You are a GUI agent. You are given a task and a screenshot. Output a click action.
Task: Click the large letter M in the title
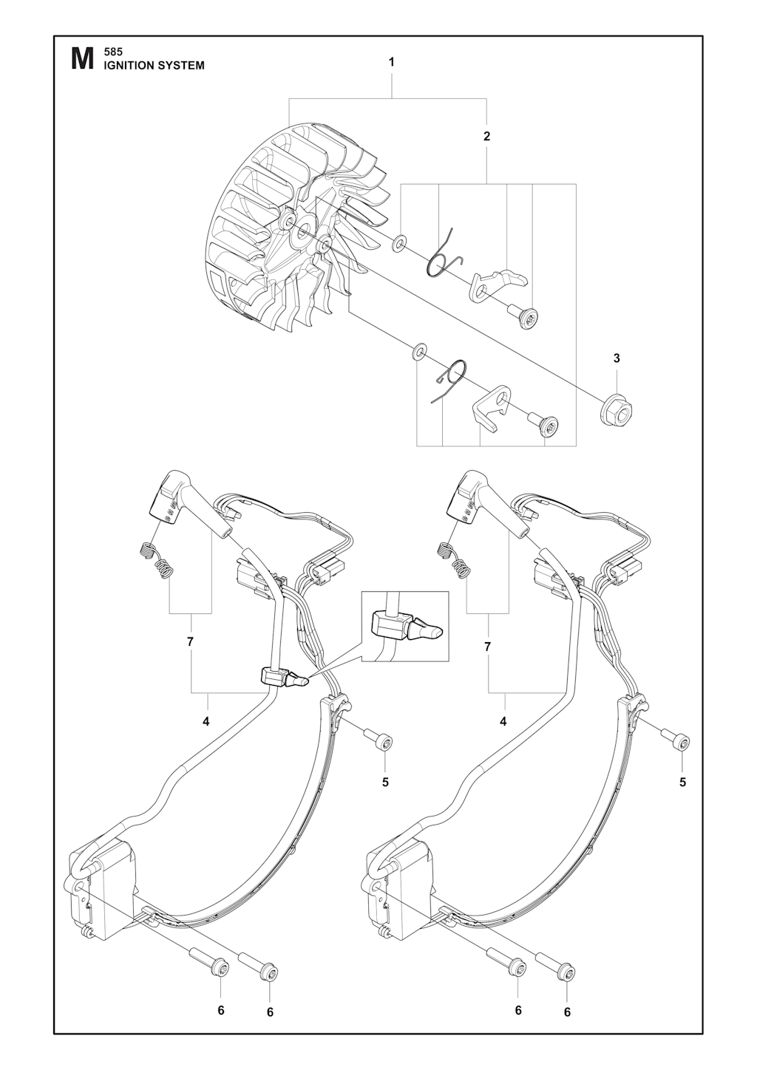click(x=82, y=59)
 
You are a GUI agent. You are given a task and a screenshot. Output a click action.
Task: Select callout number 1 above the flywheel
click(x=391, y=62)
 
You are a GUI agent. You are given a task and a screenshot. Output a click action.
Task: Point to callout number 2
click(x=486, y=136)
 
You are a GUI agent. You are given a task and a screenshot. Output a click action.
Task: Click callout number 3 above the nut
click(x=617, y=358)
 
